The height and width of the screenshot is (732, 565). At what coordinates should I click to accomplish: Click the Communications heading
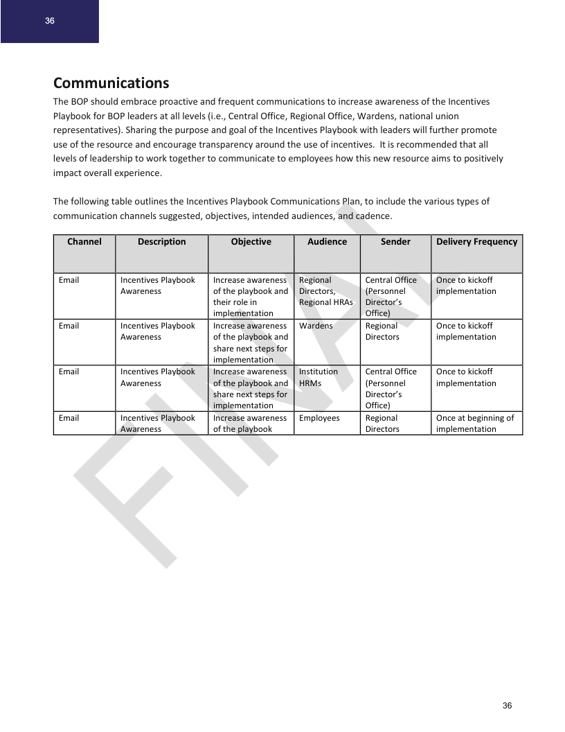(111, 83)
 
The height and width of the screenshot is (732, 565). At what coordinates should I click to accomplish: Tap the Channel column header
(84, 242)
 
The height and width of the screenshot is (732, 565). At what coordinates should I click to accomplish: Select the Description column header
(161, 242)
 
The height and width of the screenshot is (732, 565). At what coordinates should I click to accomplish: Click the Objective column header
(251, 242)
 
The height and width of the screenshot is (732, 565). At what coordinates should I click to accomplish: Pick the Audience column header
(327, 242)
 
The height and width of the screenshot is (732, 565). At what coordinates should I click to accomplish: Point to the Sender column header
(395, 242)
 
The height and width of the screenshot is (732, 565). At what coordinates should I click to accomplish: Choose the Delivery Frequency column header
(476, 242)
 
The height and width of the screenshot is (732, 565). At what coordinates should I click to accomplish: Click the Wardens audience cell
(316, 326)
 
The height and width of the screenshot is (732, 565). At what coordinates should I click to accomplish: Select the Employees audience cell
(319, 418)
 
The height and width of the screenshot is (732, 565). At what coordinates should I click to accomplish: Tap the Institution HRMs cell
(319, 377)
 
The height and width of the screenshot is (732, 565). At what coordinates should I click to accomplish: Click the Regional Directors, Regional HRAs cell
(325, 291)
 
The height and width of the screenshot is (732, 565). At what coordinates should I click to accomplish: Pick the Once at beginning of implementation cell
(475, 424)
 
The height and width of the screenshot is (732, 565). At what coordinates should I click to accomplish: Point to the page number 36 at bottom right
(507, 706)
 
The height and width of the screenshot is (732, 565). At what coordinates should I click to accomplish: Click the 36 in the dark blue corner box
(50, 21)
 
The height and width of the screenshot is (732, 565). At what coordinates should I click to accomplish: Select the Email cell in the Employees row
(69, 418)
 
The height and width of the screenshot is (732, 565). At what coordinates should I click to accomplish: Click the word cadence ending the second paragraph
(373, 216)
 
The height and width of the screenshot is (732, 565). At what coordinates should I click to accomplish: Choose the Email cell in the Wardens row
(69, 326)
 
